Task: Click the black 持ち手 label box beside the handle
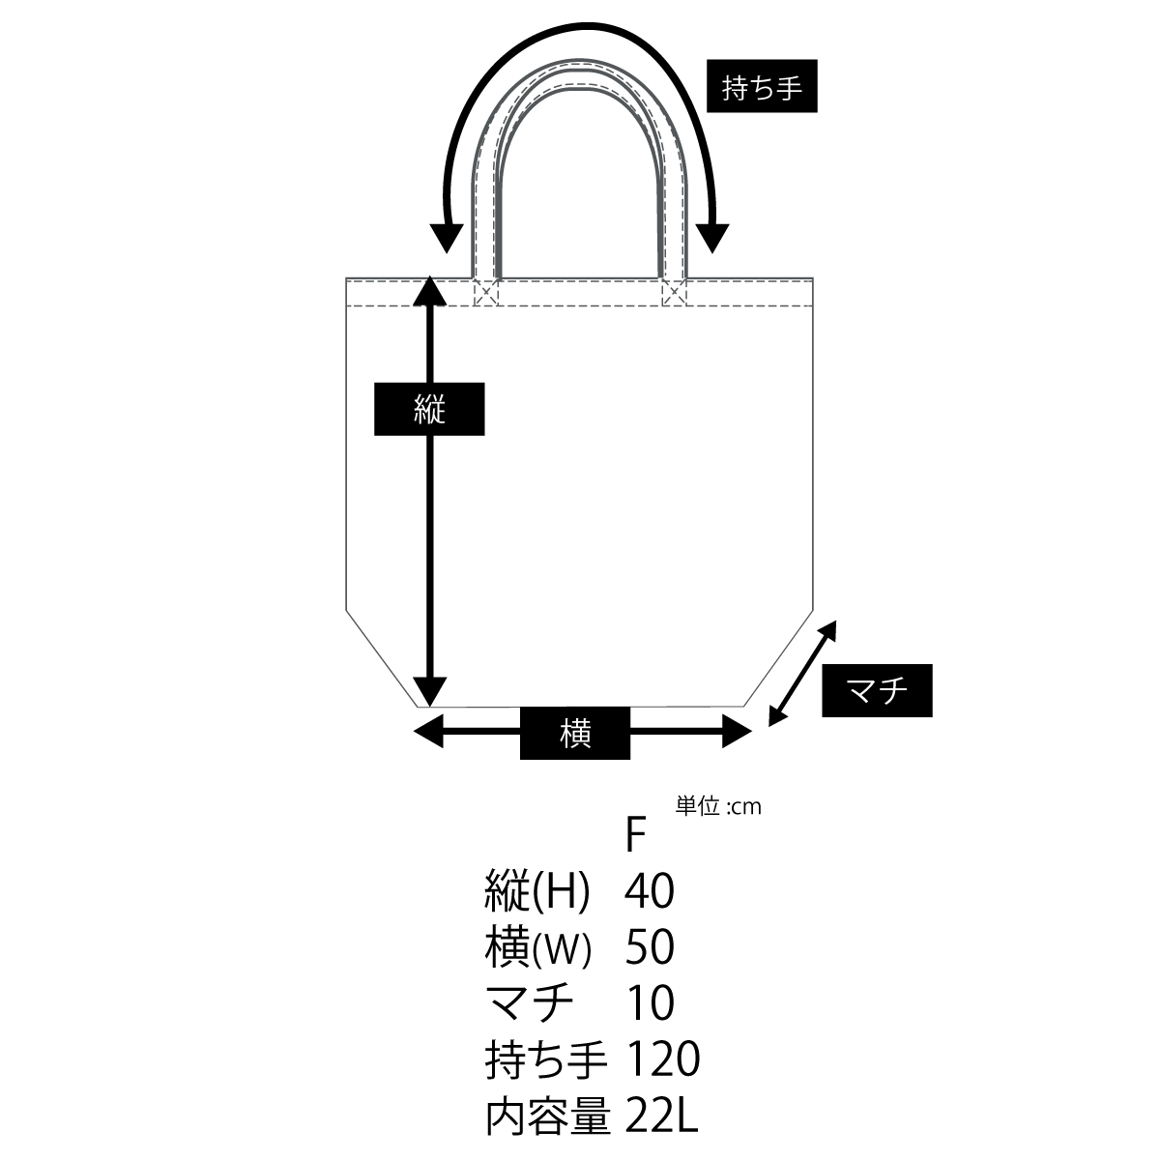(x=762, y=85)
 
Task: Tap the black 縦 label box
(x=429, y=409)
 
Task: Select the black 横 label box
(x=575, y=733)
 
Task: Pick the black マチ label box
(x=877, y=690)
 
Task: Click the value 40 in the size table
(x=650, y=890)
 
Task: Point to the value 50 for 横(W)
(x=650, y=946)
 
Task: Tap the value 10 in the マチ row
(x=650, y=1002)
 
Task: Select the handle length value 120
(x=663, y=1058)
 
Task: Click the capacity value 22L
(x=661, y=1115)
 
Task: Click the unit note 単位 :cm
(x=718, y=806)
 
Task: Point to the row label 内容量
(x=548, y=1115)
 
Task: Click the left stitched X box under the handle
(x=486, y=293)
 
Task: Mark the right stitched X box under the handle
(x=674, y=293)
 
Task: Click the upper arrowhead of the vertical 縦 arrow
(x=429, y=290)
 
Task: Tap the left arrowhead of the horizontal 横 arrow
(x=428, y=732)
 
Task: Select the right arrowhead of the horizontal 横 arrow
(x=737, y=732)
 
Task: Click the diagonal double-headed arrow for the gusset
(x=802, y=674)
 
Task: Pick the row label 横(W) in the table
(x=538, y=947)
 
